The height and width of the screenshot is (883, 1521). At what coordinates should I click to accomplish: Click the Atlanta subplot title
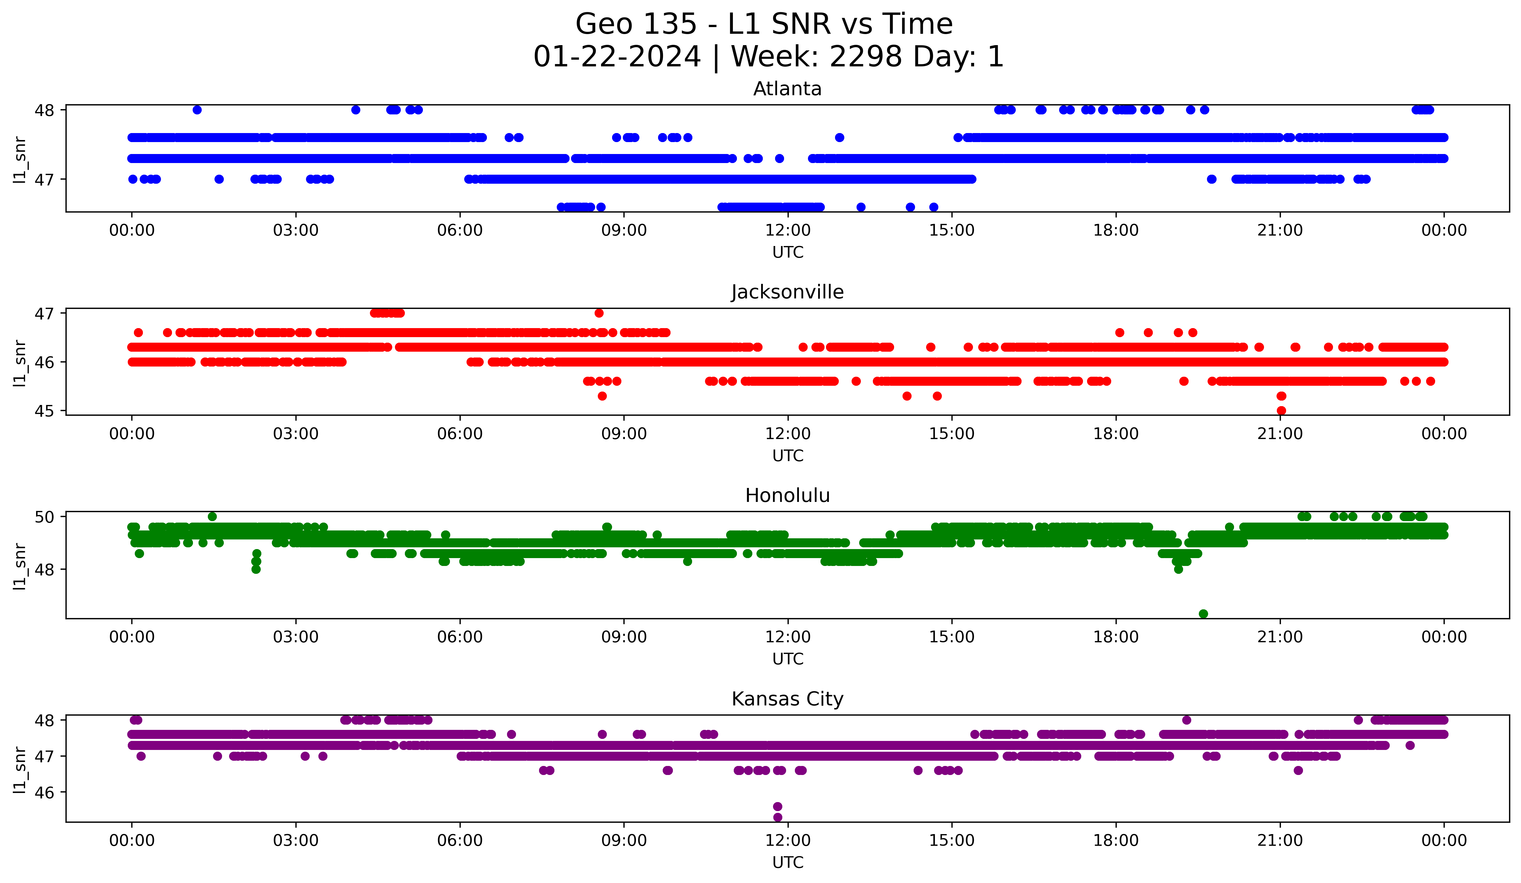(787, 89)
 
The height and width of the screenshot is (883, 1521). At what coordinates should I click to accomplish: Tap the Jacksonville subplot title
(787, 292)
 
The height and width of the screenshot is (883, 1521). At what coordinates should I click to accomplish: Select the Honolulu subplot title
(787, 496)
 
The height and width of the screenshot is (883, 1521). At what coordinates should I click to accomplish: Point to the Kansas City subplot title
(787, 699)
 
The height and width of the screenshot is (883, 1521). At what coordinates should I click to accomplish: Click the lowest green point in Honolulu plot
(1203, 614)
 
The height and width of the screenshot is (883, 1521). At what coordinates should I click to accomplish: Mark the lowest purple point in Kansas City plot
(777, 817)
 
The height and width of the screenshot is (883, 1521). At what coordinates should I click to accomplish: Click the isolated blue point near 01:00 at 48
(197, 110)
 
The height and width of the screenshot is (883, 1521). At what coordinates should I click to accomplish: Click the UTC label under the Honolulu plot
(788, 659)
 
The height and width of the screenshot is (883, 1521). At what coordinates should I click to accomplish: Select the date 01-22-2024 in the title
(617, 57)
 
